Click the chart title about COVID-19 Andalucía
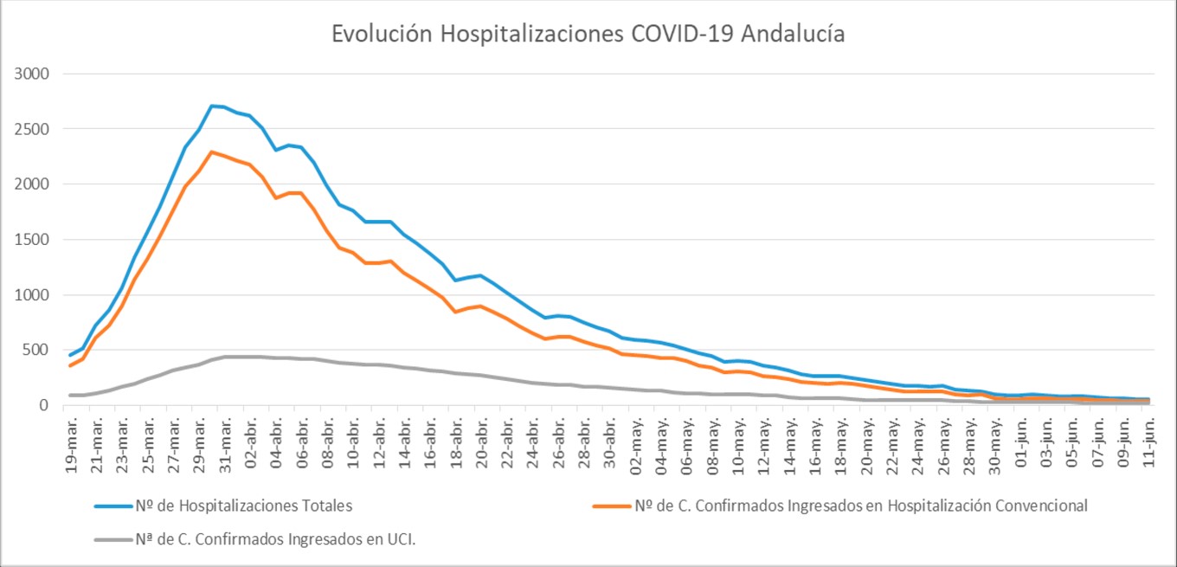coord(588,34)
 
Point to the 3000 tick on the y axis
coord(32,74)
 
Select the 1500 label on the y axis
coord(32,240)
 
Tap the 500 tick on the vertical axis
coord(36,350)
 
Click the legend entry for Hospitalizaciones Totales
coord(244,506)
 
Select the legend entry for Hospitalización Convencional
coord(860,506)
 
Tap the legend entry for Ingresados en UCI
coord(282,539)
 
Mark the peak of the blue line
coord(212,106)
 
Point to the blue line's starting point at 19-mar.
coord(71,355)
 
